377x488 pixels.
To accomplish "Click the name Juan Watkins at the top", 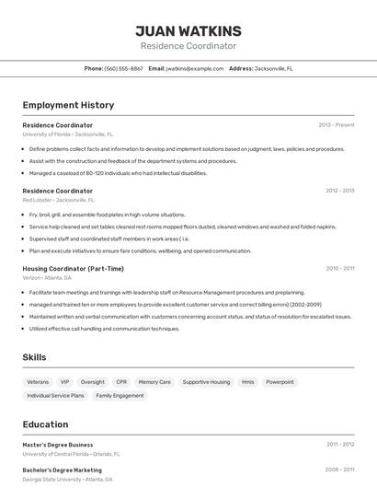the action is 188,30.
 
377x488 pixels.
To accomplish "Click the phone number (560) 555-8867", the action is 123,68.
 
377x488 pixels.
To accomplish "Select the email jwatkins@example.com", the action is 195,68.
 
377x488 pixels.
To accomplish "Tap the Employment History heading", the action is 68,105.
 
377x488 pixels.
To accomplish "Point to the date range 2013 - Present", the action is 336,125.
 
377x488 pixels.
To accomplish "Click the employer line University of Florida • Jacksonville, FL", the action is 68,134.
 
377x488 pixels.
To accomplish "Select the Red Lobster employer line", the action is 58,200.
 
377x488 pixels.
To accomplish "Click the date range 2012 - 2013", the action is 339,191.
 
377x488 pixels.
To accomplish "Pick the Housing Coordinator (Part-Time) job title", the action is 73,269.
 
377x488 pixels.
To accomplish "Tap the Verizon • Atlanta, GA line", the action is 48,278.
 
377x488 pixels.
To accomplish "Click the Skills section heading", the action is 34,357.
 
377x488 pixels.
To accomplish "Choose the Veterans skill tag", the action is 38,381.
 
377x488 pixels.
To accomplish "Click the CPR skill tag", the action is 121,381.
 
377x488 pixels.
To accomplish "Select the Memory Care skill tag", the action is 154,381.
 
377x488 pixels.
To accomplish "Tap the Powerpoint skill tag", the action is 280,381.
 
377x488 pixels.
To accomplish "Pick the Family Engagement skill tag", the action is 120,396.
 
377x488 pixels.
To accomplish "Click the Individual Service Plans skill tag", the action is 55,396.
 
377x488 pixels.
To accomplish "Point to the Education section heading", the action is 45,424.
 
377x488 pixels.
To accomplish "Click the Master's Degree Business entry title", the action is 58,445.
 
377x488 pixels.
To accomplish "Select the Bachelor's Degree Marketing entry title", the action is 63,470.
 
